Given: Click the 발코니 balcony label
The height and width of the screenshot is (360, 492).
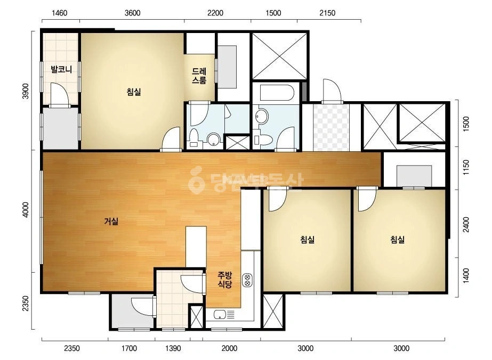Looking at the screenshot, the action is pyautogui.click(x=61, y=69).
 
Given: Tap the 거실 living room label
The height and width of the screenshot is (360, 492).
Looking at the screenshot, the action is pyautogui.click(x=111, y=222).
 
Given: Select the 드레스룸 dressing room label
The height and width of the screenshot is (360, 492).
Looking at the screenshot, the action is pyautogui.click(x=199, y=76).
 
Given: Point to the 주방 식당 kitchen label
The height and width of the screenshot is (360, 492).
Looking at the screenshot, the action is pyautogui.click(x=225, y=280).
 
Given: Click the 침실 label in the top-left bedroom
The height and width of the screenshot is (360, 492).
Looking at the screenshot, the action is pyautogui.click(x=134, y=92).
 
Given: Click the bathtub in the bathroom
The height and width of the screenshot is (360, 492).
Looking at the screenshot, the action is pyautogui.click(x=277, y=93).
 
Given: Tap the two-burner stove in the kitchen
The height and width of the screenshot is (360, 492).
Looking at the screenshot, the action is pyautogui.click(x=247, y=280).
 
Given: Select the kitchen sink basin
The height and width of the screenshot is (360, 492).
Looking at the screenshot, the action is pyautogui.click(x=220, y=314).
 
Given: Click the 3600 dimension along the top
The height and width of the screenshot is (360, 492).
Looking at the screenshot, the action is pyautogui.click(x=132, y=13).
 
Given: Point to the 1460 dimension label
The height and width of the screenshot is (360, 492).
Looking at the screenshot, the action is pyautogui.click(x=60, y=13).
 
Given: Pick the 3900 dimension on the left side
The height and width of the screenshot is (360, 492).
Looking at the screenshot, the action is pyautogui.click(x=26, y=91).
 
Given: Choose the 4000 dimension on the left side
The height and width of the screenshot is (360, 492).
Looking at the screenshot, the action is pyautogui.click(x=26, y=209).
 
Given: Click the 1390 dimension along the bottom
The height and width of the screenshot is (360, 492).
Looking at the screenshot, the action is pyautogui.click(x=173, y=348).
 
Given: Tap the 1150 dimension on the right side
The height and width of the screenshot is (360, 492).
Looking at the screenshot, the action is pyautogui.click(x=466, y=167).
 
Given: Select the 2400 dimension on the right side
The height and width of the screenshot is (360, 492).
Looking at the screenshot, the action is pyautogui.click(x=466, y=225).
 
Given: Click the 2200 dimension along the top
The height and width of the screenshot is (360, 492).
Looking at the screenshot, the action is pyautogui.click(x=215, y=13).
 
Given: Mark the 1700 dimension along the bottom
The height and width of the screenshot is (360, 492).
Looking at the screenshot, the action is pyautogui.click(x=129, y=348).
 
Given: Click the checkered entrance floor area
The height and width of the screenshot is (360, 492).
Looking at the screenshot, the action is pyautogui.click(x=331, y=127).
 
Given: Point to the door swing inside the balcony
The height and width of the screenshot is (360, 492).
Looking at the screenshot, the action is pyautogui.click(x=60, y=93).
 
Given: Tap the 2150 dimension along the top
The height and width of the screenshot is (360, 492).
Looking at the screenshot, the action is pyautogui.click(x=327, y=13).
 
